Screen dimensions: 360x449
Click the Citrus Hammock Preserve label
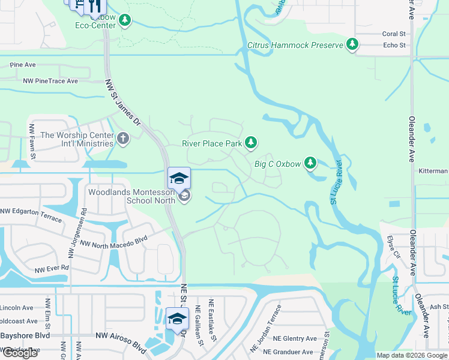[x=295, y=45]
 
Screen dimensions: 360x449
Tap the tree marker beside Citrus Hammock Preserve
[x=352, y=44]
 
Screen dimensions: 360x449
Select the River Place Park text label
[x=212, y=143]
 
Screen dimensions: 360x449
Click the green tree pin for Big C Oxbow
[x=310, y=163]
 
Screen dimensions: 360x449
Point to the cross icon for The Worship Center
[x=123, y=139]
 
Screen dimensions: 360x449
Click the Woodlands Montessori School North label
[x=131, y=196]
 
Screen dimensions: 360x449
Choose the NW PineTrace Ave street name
[x=51, y=81]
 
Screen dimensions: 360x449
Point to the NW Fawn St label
[x=32, y=142]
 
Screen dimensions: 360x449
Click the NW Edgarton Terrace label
[x=31, y=215]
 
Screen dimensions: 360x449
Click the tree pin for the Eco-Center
[x=125, y=21]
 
